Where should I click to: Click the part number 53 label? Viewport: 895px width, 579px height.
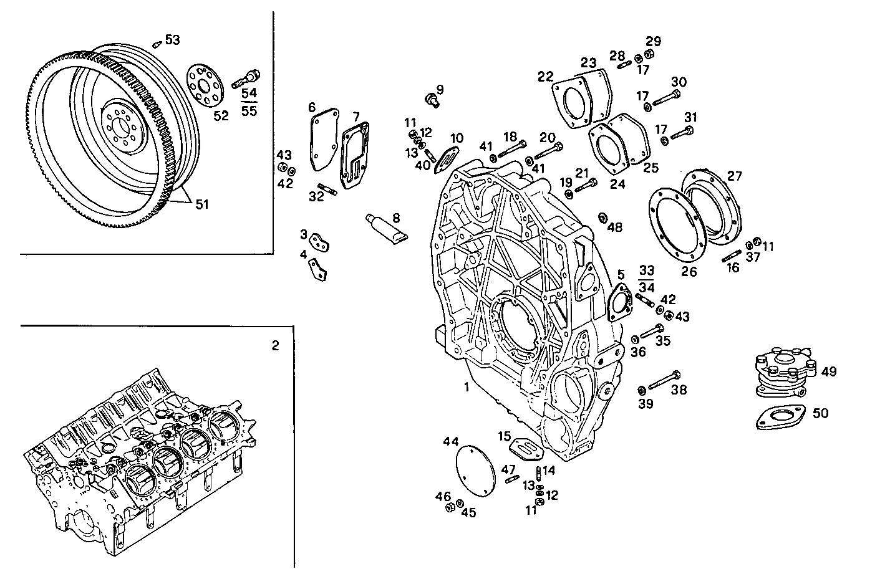pos(172,40)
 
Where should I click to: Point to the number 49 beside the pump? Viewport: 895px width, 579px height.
pos(828,372)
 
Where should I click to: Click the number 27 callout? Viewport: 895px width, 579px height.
pos(735,176)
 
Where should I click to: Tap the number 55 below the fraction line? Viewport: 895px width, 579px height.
pos(249,112)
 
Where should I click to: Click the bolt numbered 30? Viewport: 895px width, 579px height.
pos(666,97)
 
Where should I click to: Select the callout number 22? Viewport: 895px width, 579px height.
pos(546,77)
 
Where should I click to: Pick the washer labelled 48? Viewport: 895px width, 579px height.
pos(603,218)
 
